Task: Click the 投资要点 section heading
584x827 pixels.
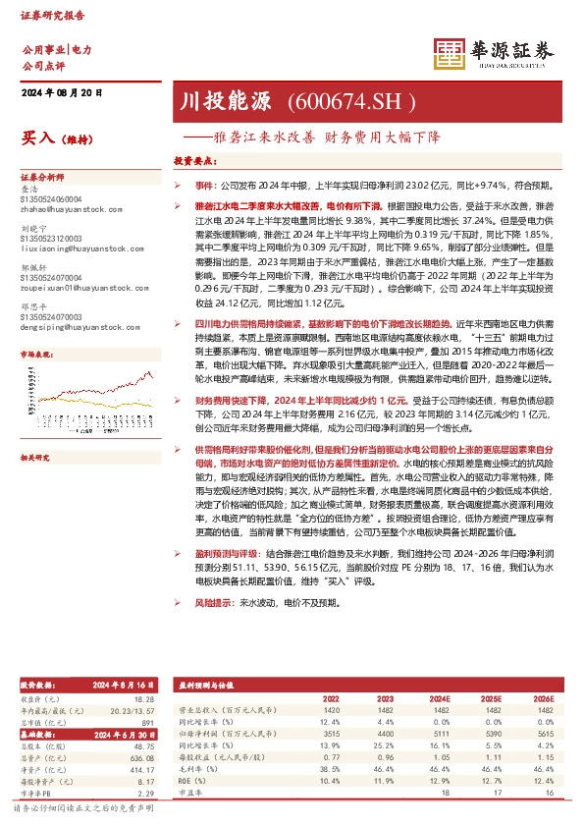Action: pyautogui.click(x=193, y=160)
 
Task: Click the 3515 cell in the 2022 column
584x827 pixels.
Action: pyautogui.click(x=331, y=731)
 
